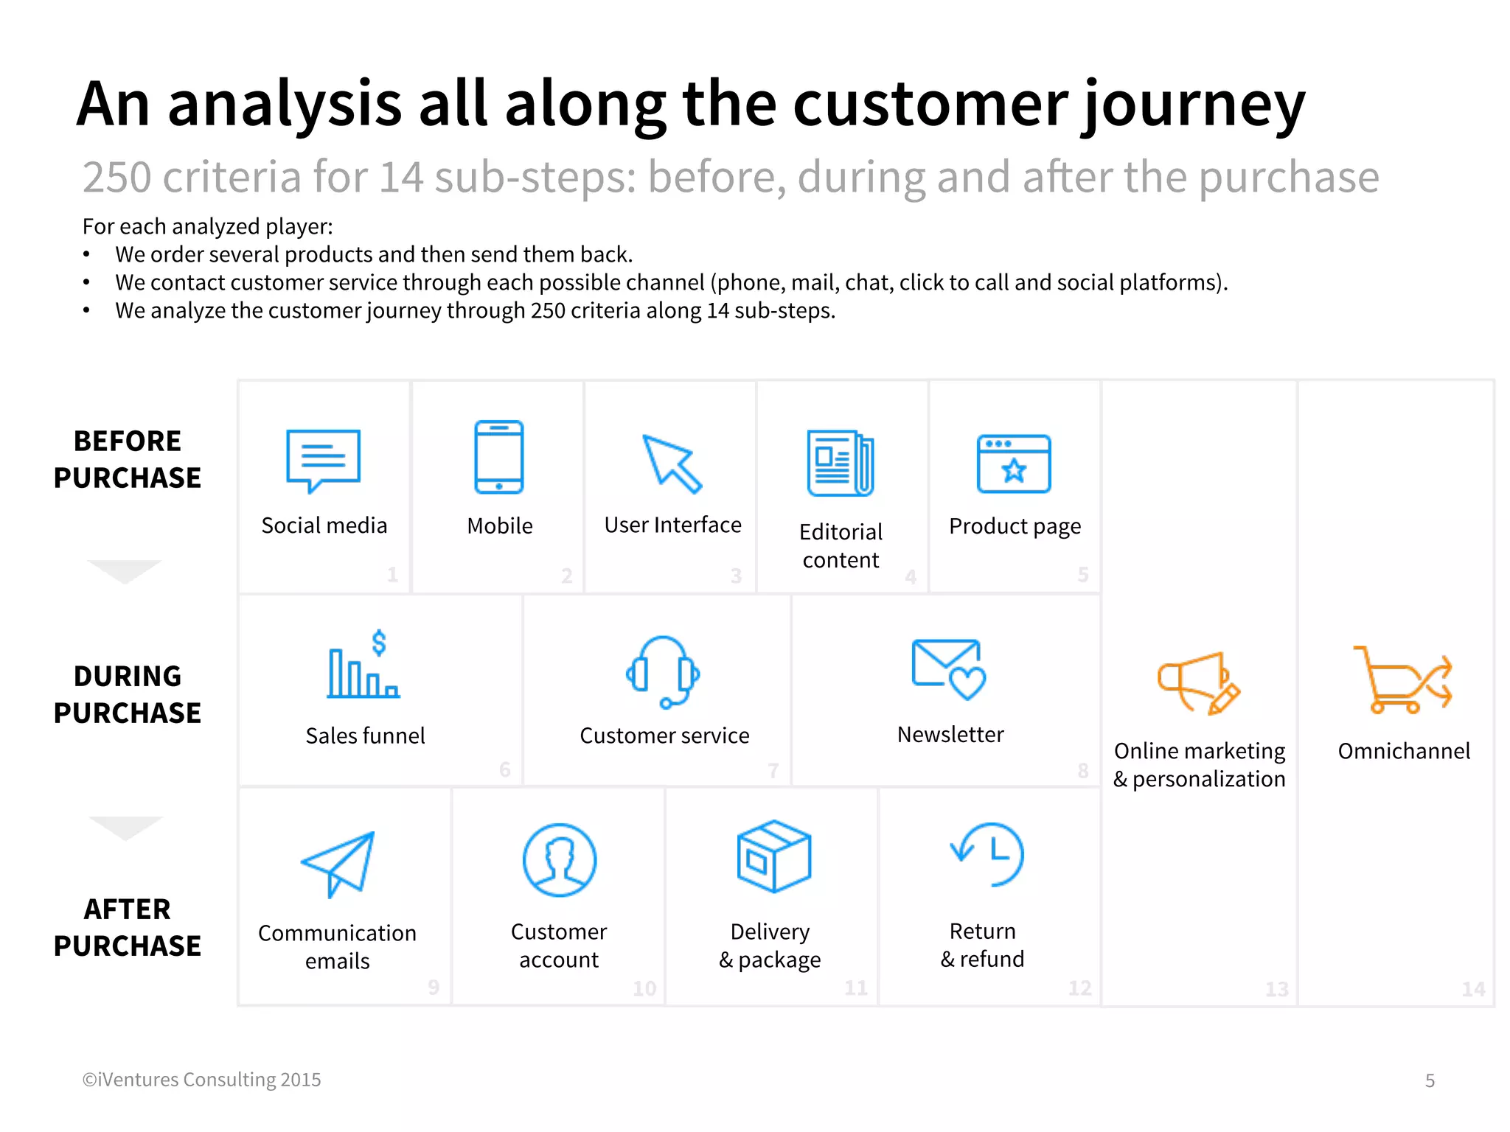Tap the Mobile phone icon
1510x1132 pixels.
pos(499,457)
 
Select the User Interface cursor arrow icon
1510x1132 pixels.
pos(671,464)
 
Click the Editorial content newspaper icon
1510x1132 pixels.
pos(841,463)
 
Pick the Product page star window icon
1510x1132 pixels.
pos(1014,464)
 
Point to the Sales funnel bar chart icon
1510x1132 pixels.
pos(364,665)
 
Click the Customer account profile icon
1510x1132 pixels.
pos(560,860)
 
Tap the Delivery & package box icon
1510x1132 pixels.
pos(773,856)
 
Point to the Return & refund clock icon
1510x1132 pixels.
pos(988,855)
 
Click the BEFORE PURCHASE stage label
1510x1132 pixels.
pos(128,459)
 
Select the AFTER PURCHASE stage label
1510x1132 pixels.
pos(128,927)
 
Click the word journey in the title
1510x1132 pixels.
pos(1193,105)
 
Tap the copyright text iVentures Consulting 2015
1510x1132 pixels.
pos(202,1080)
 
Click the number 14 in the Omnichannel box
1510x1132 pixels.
pos(1473,989)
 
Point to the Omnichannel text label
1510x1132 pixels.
pos(1404,751)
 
